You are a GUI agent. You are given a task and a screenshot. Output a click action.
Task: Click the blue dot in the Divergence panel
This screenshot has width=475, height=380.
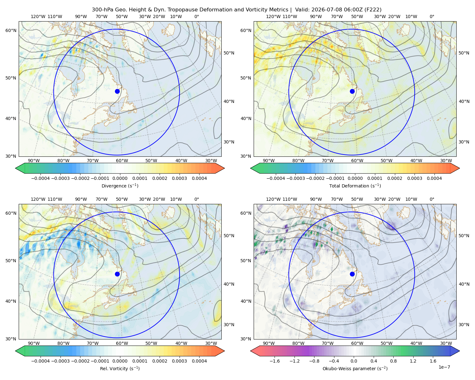[x=117, y=92]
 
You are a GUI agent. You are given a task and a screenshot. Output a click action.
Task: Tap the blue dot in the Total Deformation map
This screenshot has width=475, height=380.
[x=352, y=92]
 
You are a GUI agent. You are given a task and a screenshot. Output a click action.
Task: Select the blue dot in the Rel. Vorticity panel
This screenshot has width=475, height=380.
[x=117, y=274]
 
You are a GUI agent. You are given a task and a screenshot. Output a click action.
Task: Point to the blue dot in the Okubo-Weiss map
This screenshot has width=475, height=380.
[x=352, y=274]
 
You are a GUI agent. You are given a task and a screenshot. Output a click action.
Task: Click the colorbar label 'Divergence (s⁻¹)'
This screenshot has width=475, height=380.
[x=120, y=186]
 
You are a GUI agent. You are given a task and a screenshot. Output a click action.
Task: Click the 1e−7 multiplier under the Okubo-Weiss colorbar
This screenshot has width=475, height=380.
[x=444, y=367]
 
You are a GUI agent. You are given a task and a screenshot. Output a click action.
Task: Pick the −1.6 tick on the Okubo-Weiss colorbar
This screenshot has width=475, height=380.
[x=275, y=361]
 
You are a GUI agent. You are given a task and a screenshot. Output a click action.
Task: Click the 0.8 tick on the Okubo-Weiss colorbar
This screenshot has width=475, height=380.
[x=393, y=361]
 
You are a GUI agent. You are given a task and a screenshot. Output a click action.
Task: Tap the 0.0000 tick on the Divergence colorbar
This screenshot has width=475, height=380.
[x=120, y=178]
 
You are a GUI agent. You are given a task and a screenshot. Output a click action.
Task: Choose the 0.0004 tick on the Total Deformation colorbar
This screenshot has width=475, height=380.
[x=434, y=178]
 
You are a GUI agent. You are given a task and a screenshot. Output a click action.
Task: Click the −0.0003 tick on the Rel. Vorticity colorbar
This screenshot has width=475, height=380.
[x=60, y=361]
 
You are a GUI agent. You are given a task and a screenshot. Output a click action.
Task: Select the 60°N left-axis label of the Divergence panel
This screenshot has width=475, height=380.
[x=11, y=30]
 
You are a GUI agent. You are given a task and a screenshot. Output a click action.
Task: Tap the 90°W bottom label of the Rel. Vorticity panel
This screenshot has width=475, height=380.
[x=34, y=343]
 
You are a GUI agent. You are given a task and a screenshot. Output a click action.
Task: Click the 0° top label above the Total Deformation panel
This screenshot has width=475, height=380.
[x=432, y=16]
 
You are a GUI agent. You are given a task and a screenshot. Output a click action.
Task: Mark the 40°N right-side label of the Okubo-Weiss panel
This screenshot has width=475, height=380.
[x=464, y=284]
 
